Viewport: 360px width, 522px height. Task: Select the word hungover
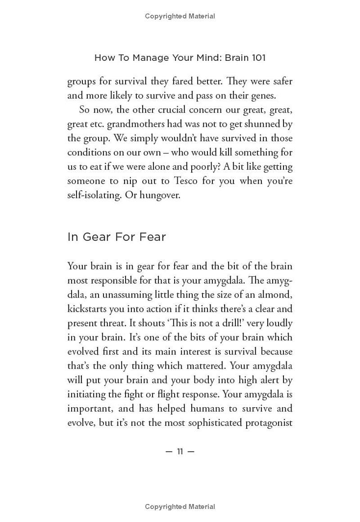point(160,196)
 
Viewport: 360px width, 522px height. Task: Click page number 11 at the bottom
point(180,451)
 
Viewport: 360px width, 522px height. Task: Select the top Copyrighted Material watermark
point(180,16)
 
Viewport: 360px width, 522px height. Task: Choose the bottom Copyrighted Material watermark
point(180,507)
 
